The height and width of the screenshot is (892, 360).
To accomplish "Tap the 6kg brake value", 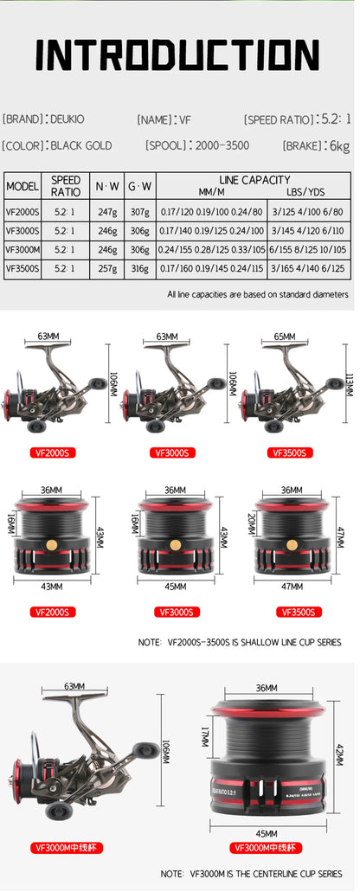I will (338, 145).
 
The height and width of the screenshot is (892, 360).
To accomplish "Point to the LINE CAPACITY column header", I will (255, 180).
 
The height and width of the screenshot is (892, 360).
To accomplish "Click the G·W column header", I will (140, 186).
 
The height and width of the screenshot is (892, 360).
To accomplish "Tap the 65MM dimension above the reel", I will (284, 336).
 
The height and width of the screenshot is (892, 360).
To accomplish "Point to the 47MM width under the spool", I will (292, 587).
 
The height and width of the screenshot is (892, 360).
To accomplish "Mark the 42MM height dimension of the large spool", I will (342, 755).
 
